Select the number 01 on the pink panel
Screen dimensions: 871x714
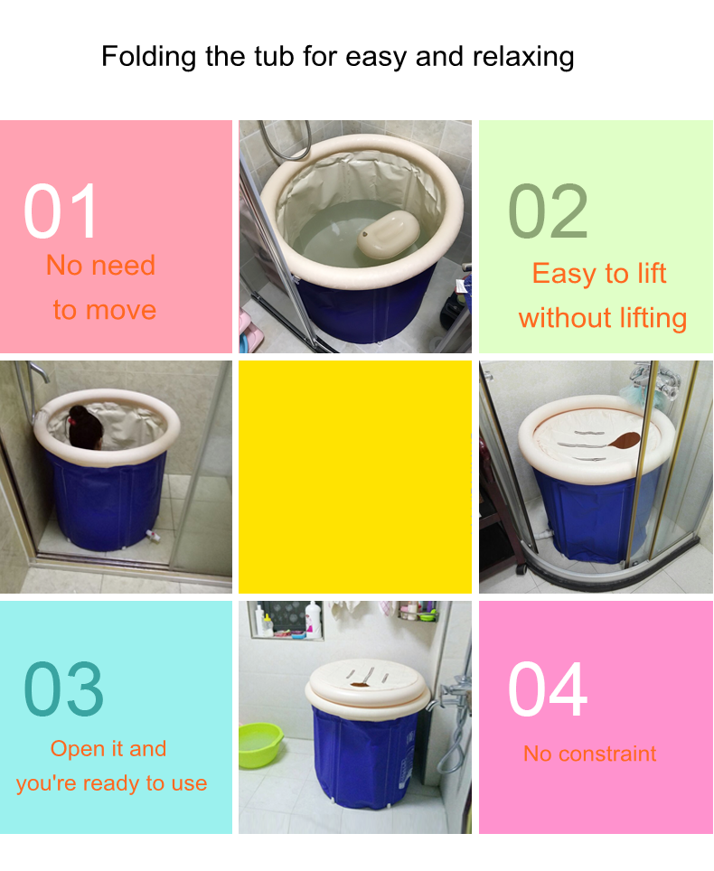(61, 212)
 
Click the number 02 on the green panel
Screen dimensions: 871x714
(548, 212)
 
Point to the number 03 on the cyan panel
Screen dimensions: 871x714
(63, 689)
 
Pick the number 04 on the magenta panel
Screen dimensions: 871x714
(548, 689)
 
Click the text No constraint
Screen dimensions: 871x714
(589, 754)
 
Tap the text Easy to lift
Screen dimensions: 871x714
(599, 273)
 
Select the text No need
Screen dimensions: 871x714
(100, 265)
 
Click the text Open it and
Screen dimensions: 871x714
(108, 748)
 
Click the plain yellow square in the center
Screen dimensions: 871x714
(354, 477)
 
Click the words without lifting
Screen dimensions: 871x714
(603, 318)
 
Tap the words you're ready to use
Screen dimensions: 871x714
(111, 783)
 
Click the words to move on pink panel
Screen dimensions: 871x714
(104, 310)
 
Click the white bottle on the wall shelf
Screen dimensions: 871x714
(313, 619)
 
